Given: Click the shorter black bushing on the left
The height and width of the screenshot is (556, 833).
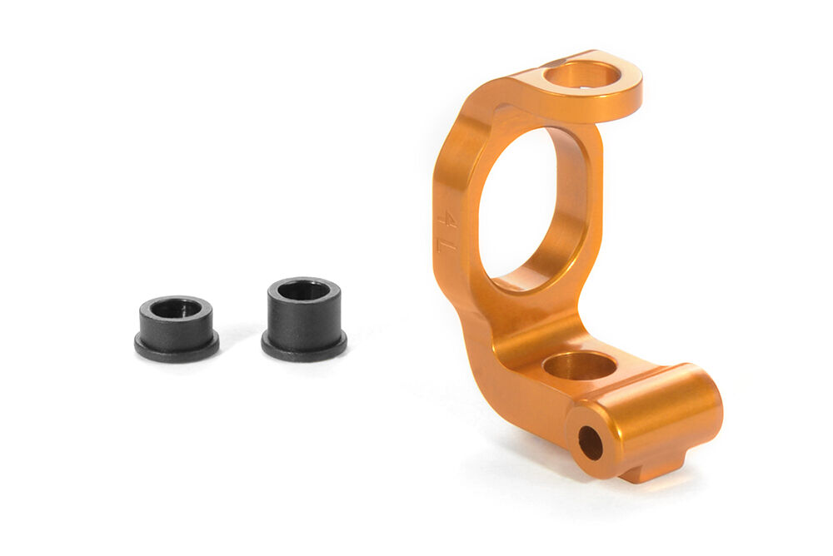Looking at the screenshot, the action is click(177, 330).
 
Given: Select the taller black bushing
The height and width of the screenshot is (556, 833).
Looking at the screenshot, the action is click(304, 319).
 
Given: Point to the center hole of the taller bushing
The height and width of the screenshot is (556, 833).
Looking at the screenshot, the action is click(303, 290).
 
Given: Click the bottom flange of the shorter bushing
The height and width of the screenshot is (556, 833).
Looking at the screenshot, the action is click(177, 350).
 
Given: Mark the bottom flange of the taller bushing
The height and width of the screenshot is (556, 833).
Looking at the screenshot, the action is click(304, 350).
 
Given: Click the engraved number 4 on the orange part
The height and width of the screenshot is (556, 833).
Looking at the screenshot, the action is click(447, 218).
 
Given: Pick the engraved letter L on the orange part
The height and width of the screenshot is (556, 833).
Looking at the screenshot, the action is click(444, 243).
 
